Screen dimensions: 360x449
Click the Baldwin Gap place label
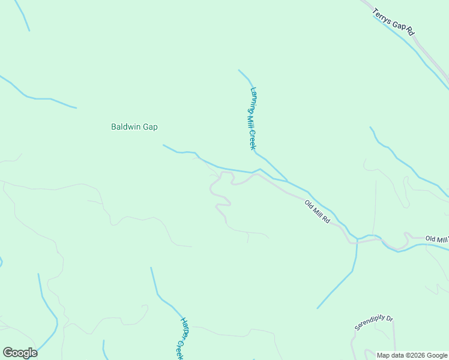(134, 127)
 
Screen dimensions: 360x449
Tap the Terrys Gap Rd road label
(394, 21)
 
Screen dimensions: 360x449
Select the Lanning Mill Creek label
(253, 118)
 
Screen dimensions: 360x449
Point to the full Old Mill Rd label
(318, 212)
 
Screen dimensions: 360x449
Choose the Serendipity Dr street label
(373, 323)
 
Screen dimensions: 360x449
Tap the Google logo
(20, 353)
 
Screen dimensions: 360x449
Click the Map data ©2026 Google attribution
(412, 355)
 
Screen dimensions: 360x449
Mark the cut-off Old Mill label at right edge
(437, 239)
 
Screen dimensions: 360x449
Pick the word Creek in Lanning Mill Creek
(253, 140)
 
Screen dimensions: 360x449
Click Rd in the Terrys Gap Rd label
(411, 31)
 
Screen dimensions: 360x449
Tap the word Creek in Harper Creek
(179, 349)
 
